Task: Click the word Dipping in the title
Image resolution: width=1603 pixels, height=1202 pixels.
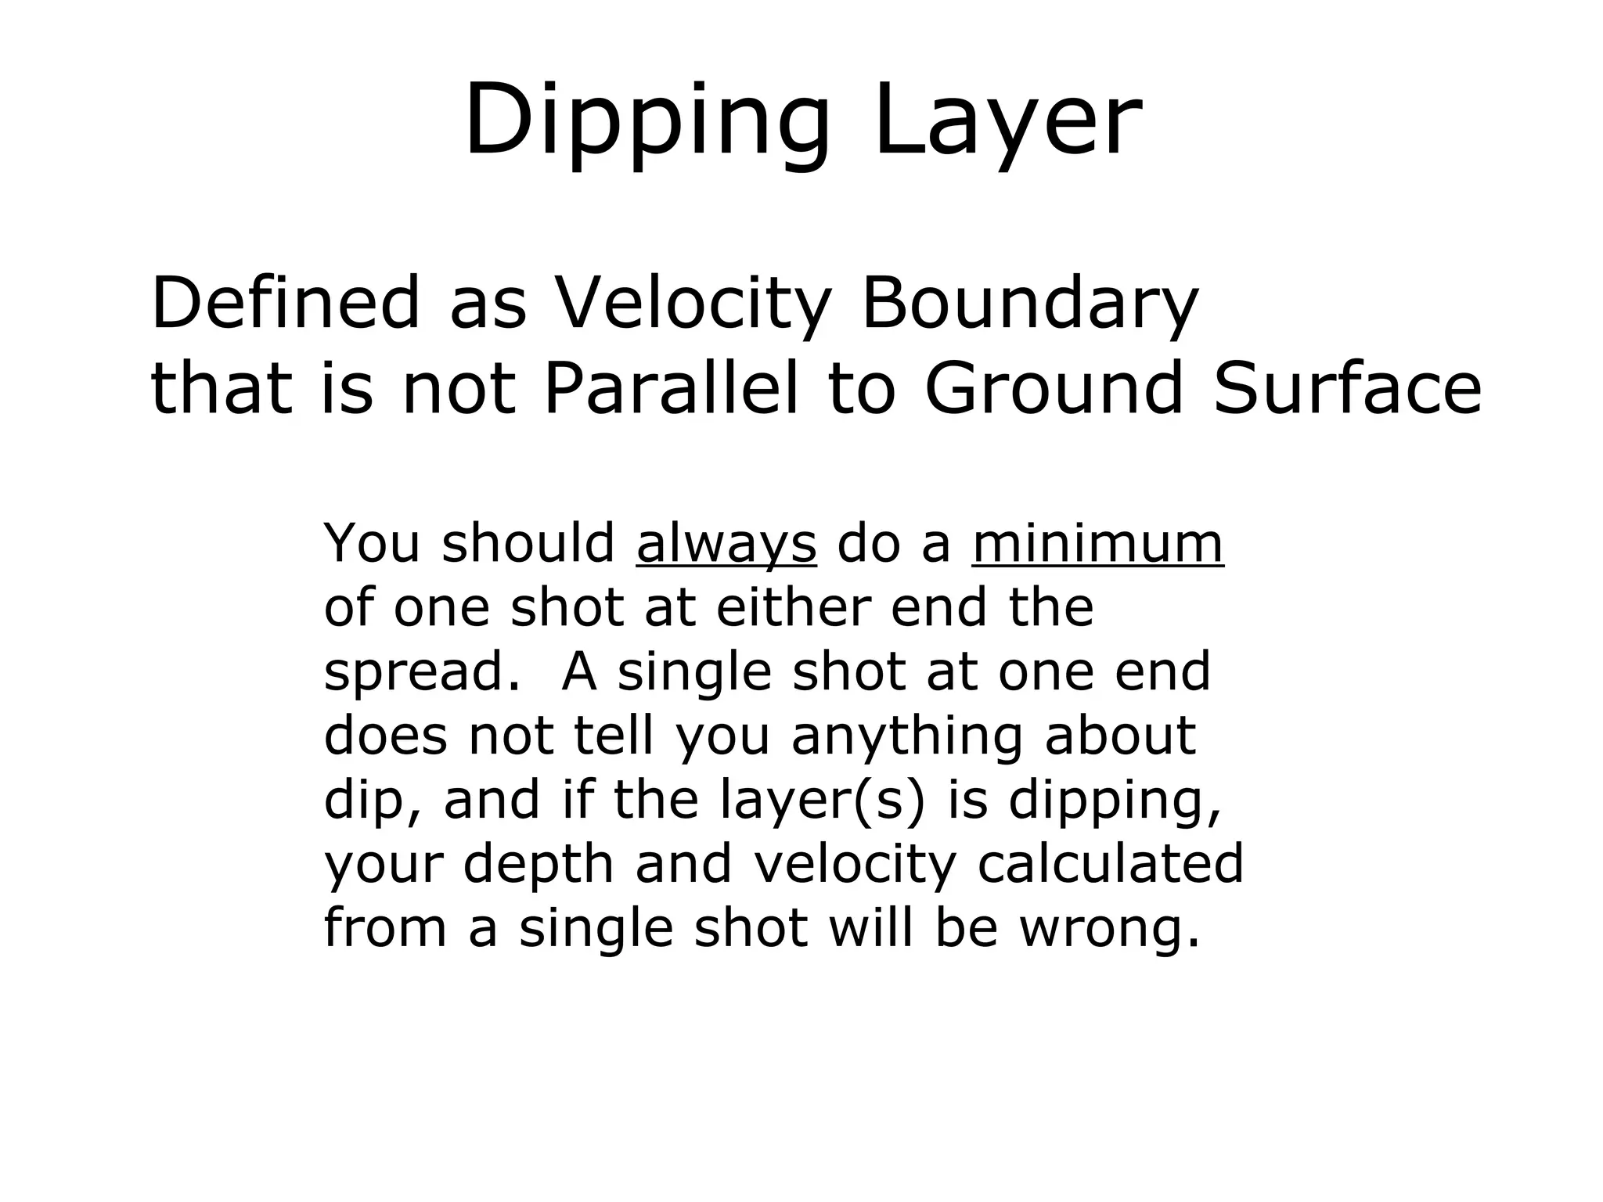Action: click(647, 121)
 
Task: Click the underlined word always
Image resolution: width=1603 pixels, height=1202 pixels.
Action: click(726, 545)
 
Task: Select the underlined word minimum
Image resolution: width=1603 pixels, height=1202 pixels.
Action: click(1097, 543)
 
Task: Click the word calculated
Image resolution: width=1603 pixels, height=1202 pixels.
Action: click(1110, 863)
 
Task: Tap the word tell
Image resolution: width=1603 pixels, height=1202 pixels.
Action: click(614, 736)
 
